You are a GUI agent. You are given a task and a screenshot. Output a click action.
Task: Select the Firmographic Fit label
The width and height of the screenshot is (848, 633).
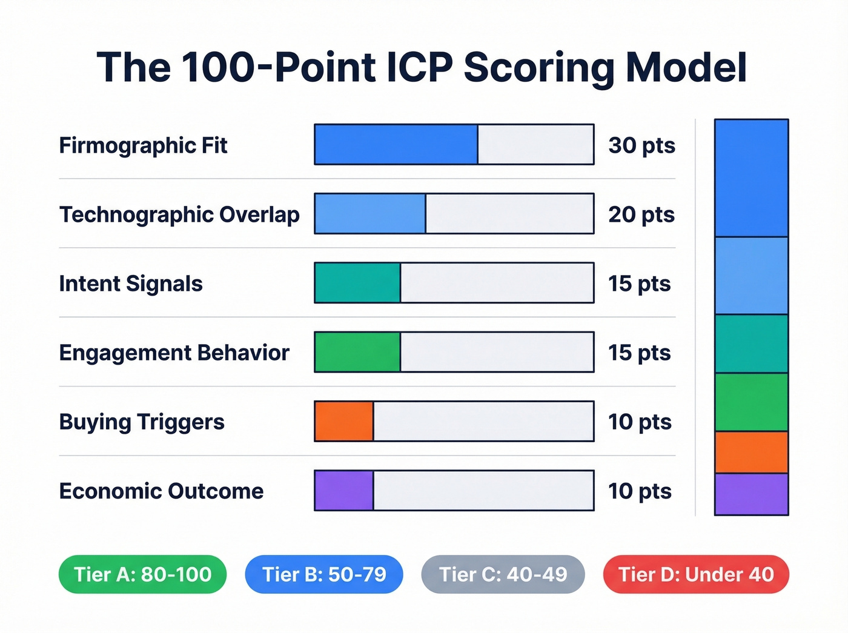pyautogui.click(x=143, y=145)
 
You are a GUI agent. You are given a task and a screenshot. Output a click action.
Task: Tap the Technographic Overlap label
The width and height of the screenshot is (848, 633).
pyautogui.click(x=179, y=214)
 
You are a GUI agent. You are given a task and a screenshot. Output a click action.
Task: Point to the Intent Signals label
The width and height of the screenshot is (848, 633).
pyautogui.click(x=131, y=283)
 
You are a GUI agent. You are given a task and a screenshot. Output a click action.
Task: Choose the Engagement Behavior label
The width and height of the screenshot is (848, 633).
pyautogui.click(x=174, y=353)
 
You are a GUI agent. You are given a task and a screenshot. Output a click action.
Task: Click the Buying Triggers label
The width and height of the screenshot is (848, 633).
pyautogui.click(x=142, y=422)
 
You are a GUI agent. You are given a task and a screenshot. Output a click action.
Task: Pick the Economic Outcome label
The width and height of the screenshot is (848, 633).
pyautogui.click(x=161, y=491)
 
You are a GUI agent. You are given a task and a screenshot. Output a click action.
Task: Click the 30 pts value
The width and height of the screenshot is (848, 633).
pyautogui.click(x=641, y=145)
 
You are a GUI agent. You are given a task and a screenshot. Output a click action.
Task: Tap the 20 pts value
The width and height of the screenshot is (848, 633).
pyautogui.click(x=641, y=214)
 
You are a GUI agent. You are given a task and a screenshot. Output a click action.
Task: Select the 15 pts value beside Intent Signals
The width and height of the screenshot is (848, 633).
pyautogui.click(x=640, y=283)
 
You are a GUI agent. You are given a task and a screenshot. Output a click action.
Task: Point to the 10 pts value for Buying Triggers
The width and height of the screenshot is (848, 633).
pyautogui.click(x=640, y=422)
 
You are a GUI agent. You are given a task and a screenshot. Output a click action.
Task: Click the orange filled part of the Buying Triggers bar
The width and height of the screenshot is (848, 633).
pyautogui.click(x=344, y=421)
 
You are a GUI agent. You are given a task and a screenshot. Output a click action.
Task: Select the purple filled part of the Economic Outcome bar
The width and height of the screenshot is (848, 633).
pyautogui.click(x=344, y=490)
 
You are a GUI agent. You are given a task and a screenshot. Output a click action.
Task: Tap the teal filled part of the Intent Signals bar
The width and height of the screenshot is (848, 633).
pyautogui.click(x=357, y=283)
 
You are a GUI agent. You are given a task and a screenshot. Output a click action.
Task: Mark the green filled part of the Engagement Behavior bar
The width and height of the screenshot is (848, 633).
pyautogui.click(x=357, y=352)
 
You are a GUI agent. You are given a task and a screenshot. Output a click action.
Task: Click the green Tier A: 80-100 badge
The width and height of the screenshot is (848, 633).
pyautogui.click(x=142, y=574)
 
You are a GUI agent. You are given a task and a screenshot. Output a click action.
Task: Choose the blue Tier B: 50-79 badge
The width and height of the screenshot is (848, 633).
pyautogui.click(x=324, y=574)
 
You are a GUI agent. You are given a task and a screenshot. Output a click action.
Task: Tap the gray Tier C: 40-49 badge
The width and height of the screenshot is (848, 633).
pyautogui.click(x=503, y=574)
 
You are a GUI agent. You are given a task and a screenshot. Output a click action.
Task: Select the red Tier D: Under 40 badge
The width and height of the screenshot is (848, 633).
pyautogui.click(x=696, y=574)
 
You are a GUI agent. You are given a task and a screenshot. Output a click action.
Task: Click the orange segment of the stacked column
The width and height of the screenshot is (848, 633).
pyautogui.click(x=751, y=452)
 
